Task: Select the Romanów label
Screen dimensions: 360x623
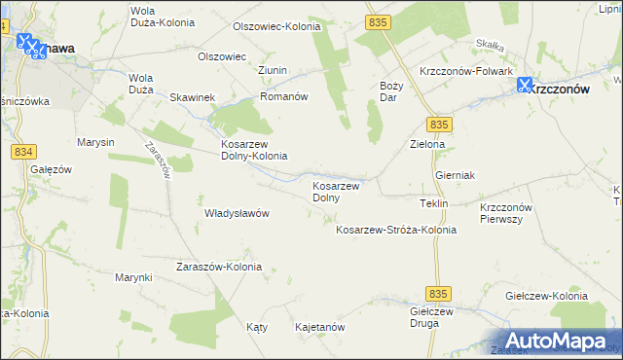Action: click(283, 97)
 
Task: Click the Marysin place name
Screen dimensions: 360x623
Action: click(95, 142)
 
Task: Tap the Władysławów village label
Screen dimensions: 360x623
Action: click(236, 213)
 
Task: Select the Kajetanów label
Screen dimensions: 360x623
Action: click(319, 328)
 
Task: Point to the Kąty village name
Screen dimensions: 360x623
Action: click(257, 328)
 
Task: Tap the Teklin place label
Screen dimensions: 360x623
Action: click(432, 203)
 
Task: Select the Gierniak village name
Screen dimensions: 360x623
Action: click(455, 175)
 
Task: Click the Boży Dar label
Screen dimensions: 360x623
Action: click(389, 91)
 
